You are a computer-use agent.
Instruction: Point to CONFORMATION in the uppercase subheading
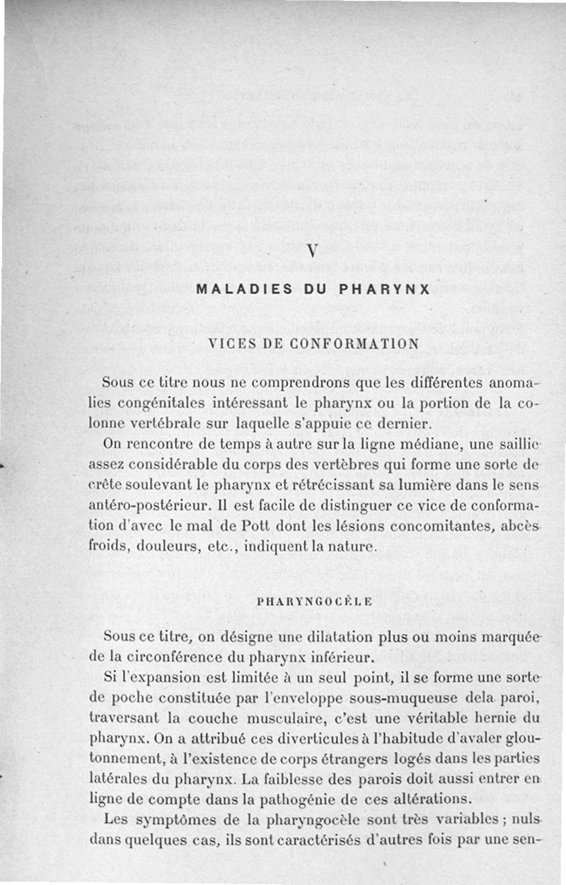[x=345, y=344]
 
